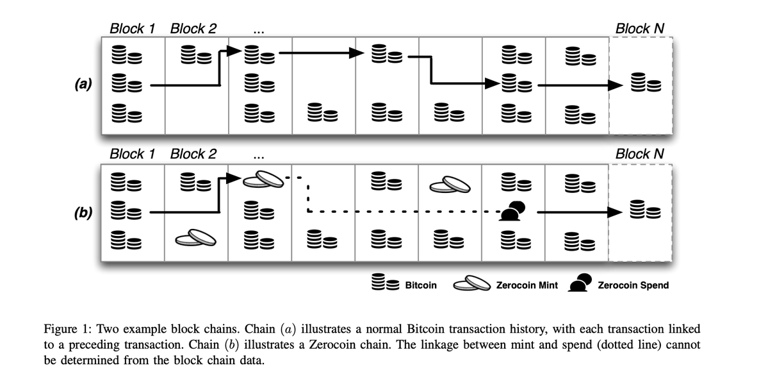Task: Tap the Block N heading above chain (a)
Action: pos(639,28)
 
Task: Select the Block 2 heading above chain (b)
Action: pos(193,154)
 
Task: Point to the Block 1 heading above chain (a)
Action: pos(133,28)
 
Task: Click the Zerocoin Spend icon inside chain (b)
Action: pos(512,211)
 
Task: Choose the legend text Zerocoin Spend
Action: pos(633,285)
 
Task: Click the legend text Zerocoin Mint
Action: pos(527,285)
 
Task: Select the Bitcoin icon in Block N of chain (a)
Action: pos(641,83)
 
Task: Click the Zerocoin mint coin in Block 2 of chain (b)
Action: pos(195,239)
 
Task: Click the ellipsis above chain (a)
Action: pos(257,30)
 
